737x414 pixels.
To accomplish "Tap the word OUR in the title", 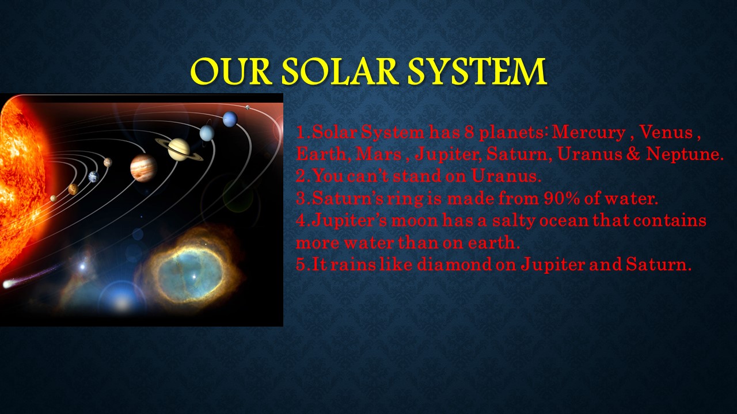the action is pos(231,71).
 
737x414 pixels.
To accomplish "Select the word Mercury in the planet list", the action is pos(588,132).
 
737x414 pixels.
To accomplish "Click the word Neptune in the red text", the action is pos(685,154).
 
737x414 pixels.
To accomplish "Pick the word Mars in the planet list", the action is pos(378,154).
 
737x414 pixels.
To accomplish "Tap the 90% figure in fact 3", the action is pos(561,198).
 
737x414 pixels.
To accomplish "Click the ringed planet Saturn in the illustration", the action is pos(179,149).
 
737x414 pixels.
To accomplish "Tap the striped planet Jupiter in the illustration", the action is pos(143,168).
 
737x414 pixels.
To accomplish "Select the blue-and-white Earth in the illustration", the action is pos(94,177).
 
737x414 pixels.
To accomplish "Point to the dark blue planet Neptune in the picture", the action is pos(230,119).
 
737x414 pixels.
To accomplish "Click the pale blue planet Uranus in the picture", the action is pos(207,133).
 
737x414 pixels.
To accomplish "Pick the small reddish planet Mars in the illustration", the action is pos(108,162).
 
